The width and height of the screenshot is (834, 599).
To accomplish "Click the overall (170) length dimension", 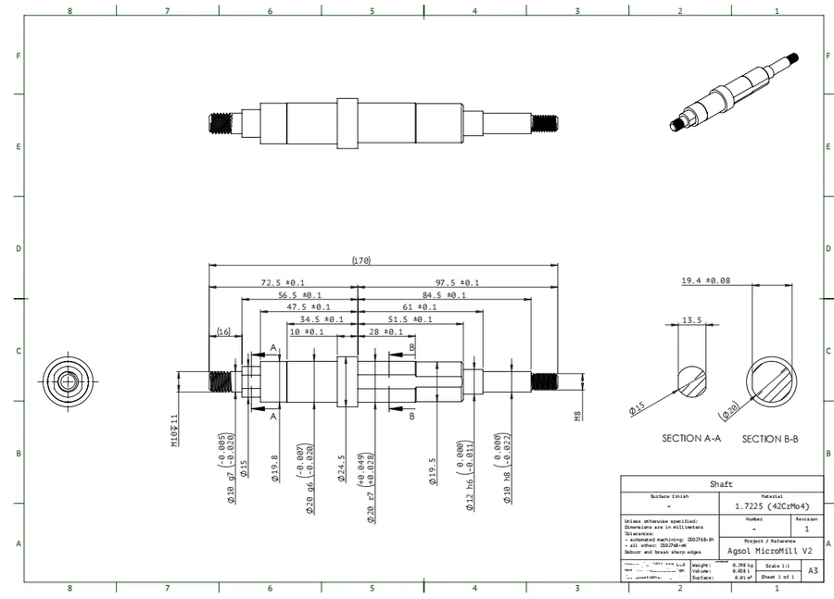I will pyautogui.click(x=361, y=261).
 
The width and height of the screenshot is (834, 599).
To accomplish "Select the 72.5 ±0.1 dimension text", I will pyautogui.click(x=283, y=282).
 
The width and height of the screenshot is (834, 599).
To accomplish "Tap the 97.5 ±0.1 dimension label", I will pyautogui.click(x=457, y=282).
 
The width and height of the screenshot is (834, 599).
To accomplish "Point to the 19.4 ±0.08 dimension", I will pyautogui.click(x=705, y=281).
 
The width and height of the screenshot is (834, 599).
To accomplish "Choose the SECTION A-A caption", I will pyautogui.click(x=691, y=438).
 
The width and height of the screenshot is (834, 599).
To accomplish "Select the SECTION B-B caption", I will pyautogui.click(x=770, y=438).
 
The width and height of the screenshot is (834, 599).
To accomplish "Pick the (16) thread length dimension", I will pyautogui.click(x=223, y=331).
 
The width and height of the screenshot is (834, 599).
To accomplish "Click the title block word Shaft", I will pyautogui.click(x=721, y=484).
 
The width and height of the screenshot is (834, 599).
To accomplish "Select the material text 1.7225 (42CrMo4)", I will pyautogui.click(x=771, y=506).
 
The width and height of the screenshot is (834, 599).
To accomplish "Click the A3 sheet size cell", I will pyautogui.click(x=813, y=571).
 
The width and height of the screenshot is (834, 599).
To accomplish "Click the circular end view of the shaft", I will pyautogui.click(x=69, y=381).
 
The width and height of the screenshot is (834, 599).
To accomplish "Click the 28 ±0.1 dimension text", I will pyautogui.click(x=385, y=331).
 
